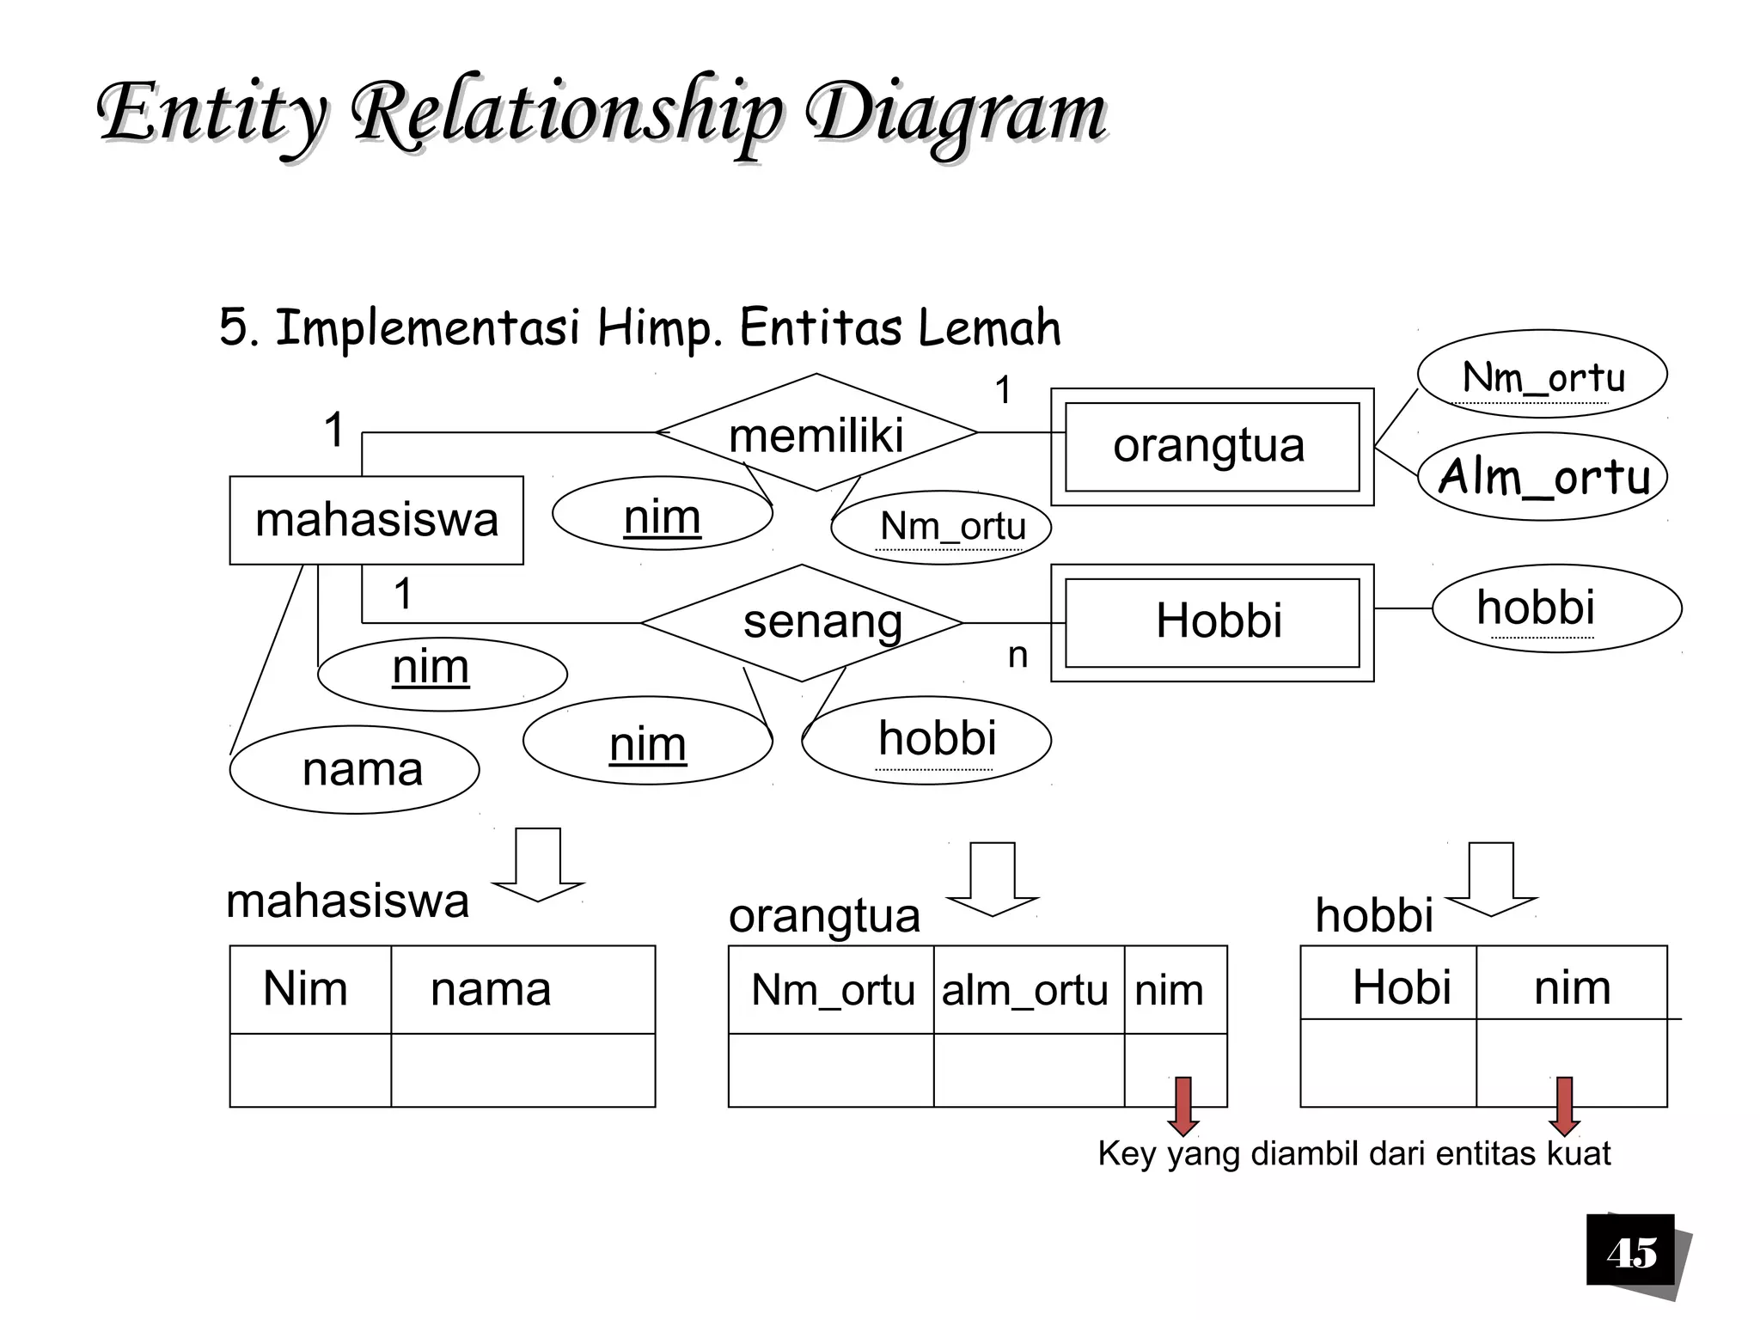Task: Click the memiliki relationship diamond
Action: coord(816,433)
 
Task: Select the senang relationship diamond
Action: coord(802,622)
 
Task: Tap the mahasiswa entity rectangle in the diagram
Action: coord(376,520)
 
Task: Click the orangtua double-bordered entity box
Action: coord(1212,446)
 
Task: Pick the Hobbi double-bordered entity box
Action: coord(1212,622)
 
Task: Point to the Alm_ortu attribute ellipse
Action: coord(1543,476)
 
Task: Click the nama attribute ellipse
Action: coord(354,770)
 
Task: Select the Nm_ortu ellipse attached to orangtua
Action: coord(1543,375)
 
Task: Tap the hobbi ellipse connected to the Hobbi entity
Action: coord(1555,608)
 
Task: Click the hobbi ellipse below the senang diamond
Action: coord(926,740)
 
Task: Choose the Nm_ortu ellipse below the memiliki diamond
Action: coord(942,527)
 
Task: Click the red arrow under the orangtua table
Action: coord(1183,1105)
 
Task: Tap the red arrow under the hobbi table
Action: coord(1564,1105)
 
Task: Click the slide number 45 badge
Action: coord(1631,1252)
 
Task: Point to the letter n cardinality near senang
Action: coord(1017,656)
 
